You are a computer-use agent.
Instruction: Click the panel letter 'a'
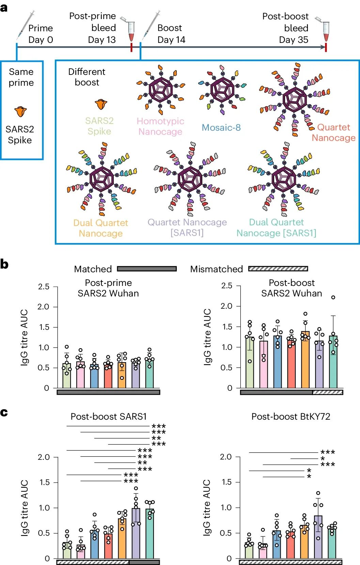pos(4,7)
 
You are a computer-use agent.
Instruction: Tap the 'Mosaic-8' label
pos(221,128)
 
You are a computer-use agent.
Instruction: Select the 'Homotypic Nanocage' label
pos(160,126)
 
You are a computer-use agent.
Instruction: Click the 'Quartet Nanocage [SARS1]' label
pos(187,227)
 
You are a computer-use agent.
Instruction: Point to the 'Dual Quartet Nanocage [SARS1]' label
pos(276,227)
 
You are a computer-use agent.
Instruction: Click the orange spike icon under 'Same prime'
pos(20,111)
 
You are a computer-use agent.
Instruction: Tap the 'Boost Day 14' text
pos(171,34)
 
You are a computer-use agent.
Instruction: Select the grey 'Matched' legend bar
pos(147,269)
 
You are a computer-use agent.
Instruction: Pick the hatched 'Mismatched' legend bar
pos(278,269)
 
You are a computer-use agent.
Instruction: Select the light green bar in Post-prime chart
pos(67,376)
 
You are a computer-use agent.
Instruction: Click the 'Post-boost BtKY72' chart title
pos(291,417)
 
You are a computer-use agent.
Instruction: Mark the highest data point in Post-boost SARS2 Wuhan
pos(333,297)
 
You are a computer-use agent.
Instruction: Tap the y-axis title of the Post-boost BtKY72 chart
pos(207,508)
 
